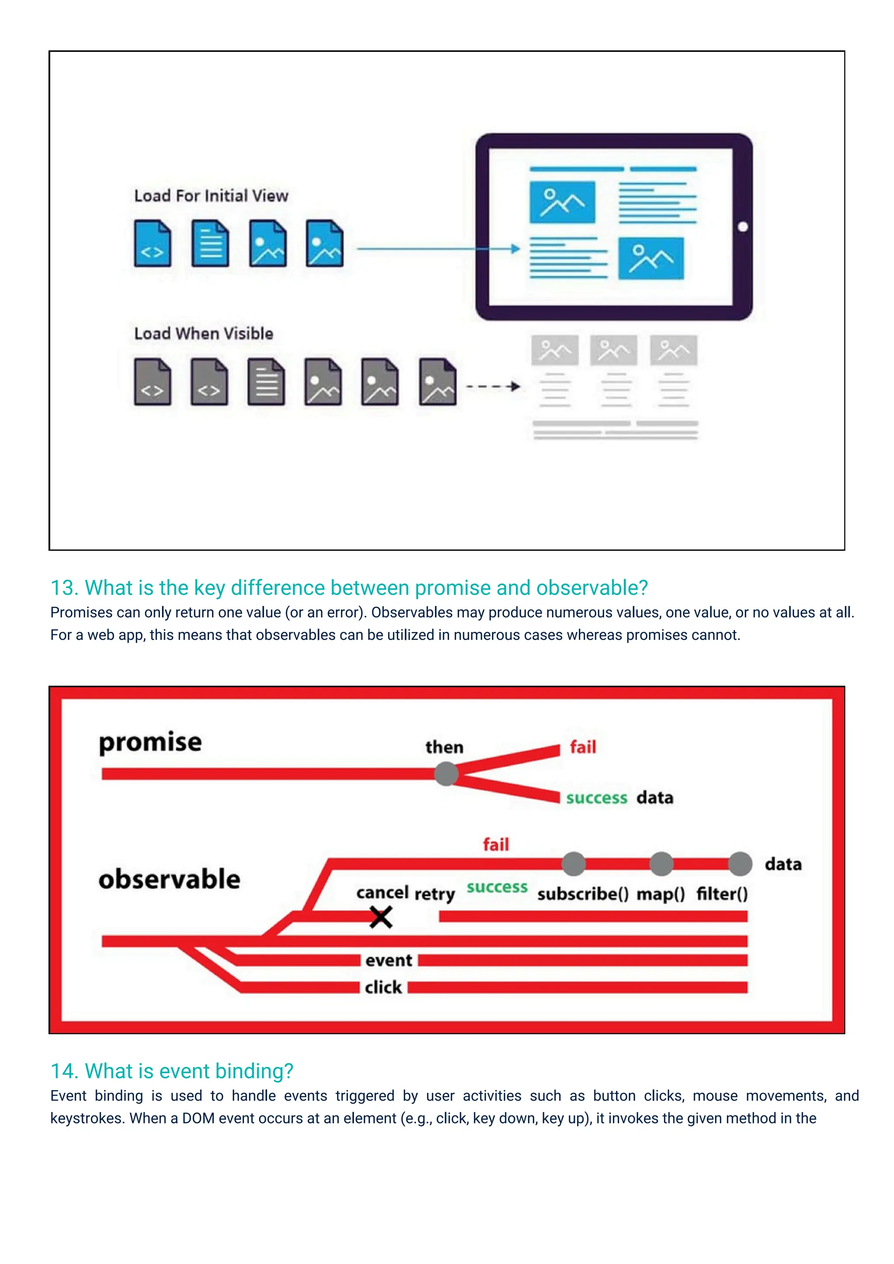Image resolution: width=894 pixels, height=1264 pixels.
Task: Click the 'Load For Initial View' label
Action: click(x=211, y=196)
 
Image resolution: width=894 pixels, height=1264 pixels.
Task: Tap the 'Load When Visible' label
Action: click(x=204, y=333)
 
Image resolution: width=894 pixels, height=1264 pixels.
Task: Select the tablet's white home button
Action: click(x=743, y=227)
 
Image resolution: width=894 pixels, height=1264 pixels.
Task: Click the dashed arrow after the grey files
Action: click(x=493, y=386)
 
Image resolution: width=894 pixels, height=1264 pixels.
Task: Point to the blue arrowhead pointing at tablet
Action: click(x=515, y=249)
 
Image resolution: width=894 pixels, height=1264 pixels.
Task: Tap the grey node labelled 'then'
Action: click(x=446, y=773)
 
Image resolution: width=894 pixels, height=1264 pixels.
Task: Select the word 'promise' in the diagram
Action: click(x=150, y=743)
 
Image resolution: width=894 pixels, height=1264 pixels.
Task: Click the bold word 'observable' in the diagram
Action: click(x=169, y=879)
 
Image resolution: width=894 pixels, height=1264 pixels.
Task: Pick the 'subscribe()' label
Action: click(x=583, y=893)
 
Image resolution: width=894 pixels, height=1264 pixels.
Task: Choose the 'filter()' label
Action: click(x=722, y=893)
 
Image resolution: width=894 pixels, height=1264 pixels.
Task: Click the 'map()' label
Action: click(x=660, y=893)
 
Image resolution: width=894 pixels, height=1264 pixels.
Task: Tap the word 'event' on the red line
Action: click(x=389, y=961)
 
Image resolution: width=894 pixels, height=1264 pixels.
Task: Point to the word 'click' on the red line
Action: click(x=383, y=988)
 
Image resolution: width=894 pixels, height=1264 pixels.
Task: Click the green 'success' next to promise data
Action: click(x=597, y=798)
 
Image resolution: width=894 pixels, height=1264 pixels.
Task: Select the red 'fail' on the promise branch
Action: click(x=583, y=747)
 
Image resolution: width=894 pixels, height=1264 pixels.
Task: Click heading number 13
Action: click(x=64, y=588)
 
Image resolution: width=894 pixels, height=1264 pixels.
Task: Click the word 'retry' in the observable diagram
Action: click(x=434, y=893)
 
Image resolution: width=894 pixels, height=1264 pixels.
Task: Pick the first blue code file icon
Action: click(x=152, y=244)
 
